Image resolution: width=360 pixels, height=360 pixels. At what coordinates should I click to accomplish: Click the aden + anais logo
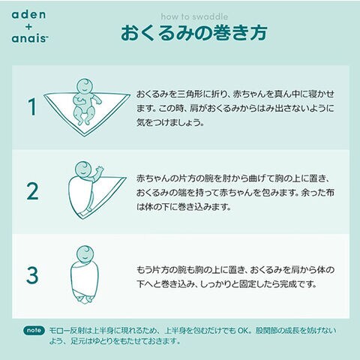point(29,26)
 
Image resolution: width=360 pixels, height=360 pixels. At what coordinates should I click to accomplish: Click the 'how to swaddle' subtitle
point(194,16)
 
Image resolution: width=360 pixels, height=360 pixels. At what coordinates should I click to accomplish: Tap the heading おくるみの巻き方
point(194,32)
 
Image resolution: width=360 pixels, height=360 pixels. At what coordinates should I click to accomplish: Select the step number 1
point(32,106)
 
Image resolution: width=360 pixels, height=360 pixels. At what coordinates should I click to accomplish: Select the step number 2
point(32,191)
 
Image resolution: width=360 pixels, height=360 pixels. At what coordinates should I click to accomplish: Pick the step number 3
point(32,275)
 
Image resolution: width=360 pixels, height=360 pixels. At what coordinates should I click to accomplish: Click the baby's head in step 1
point(85,86)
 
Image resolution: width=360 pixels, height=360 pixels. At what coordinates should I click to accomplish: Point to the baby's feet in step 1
point(83,121)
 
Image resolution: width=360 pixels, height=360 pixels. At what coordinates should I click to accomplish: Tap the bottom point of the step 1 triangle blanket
point(84,136)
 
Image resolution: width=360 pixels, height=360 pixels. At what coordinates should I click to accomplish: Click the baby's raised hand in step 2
point(99,169)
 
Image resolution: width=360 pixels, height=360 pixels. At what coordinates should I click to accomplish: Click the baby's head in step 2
point(83,169)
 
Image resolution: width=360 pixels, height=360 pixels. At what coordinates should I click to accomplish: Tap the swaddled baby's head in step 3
point(85,253)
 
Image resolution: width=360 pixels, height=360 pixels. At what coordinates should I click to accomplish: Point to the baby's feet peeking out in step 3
point(84,299)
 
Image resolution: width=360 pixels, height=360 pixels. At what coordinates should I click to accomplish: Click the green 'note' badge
point(34,331)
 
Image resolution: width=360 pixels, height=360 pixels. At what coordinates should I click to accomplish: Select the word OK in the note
point(242,331)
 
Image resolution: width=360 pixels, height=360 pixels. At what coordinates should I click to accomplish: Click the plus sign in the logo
point(29,26)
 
